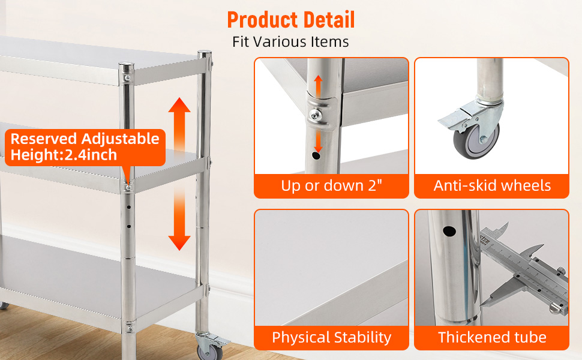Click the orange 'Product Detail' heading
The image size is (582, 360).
[290, 20]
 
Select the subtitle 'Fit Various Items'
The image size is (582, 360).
[290, 42]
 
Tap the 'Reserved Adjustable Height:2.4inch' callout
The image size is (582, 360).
[85, 147]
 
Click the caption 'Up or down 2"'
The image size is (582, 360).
[331, 185]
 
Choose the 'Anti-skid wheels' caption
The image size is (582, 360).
[492, 185]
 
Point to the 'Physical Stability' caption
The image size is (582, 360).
[331, 337]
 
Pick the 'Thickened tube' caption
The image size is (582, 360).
[492, 337]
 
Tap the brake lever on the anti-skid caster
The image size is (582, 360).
[452, 119]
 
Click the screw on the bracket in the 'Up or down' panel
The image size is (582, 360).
[316, 115]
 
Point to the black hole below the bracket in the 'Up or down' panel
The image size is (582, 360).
[316, 155]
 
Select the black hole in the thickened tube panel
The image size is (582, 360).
[449, 232]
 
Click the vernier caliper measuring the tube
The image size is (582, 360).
[523, 267]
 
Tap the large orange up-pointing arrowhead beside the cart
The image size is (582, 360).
[179, 105]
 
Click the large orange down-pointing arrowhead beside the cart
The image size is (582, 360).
[179, 243]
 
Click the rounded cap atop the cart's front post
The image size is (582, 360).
[126, 67]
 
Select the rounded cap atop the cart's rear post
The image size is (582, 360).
[204, 55]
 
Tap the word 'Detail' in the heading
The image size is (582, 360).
[329, 20]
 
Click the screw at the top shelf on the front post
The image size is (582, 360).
[127, 79]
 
